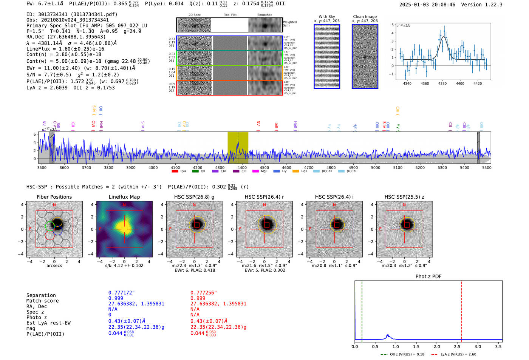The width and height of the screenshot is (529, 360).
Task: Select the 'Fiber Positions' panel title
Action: [x=54, y=197]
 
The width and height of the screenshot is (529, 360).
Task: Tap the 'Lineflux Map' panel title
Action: [x=124, y=197]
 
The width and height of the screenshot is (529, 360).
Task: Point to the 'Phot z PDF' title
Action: [x=428, y=276]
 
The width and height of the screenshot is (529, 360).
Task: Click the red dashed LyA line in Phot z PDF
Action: [x=462, y=310]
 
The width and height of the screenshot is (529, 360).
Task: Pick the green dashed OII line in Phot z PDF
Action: [x=362, y=310]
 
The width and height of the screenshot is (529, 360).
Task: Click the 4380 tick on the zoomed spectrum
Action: [x=442, y=83]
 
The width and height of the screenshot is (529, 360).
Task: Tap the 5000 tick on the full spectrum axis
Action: [x=376, y=167]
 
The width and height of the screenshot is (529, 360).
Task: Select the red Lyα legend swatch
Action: [x=175, y=172]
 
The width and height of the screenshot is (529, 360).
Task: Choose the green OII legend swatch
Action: [x=195, y=172]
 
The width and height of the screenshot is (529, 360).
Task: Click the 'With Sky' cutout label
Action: [x=327, y=17]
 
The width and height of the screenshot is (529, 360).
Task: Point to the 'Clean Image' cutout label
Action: [x=365, y=17]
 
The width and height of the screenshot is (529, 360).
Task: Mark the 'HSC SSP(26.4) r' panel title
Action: [x=264, y=197]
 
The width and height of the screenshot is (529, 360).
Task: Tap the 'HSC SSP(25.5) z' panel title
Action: [x=404, y=197]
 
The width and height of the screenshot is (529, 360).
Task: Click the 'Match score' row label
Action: [x=43, y=301]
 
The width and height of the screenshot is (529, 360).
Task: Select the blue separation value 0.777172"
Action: [x=122, y=293]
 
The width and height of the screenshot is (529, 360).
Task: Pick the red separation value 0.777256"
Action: [x=204, y=293]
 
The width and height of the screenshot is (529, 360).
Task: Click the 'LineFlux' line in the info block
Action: [x=65, y=49]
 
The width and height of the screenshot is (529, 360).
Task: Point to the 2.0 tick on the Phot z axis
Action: [x=437, y=346]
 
